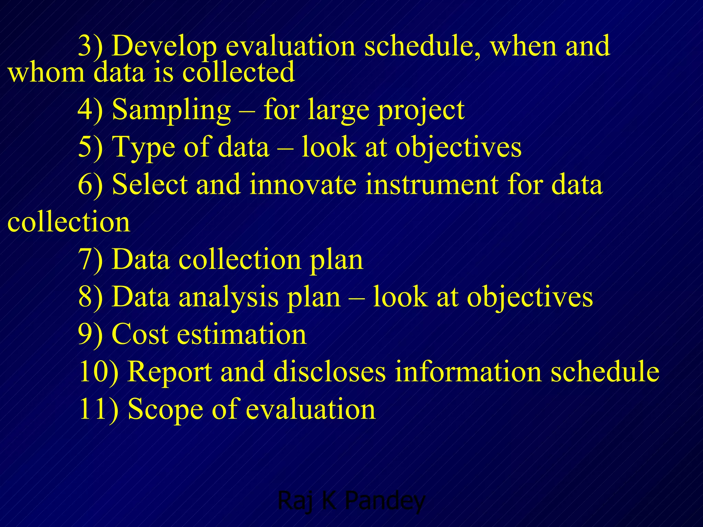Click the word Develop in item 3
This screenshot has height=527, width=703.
pos(164,46)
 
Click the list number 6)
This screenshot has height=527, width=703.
pos(90,185)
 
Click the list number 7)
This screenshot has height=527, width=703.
pos(90,259)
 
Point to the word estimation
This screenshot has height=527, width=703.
pos(241,334)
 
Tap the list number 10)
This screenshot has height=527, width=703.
pos(98,372)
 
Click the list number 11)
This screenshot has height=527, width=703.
pos(98,409)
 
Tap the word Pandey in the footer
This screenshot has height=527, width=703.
pos(384,501)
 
